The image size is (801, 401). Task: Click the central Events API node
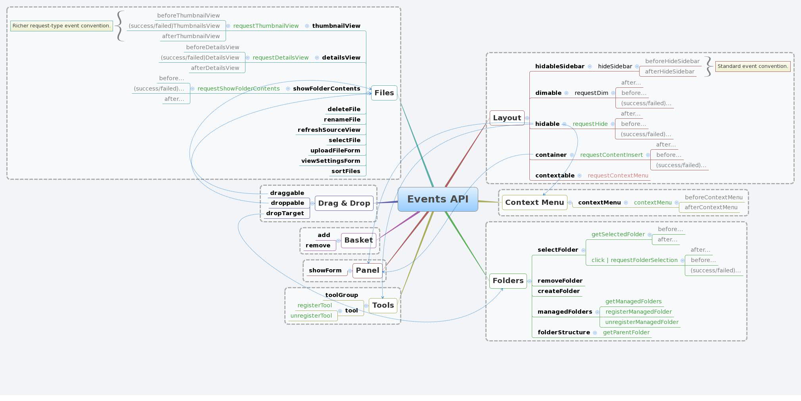438,199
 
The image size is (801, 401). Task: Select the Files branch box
384,93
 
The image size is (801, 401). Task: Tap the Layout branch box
507,118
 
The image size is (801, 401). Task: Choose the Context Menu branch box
534,202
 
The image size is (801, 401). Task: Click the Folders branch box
508,281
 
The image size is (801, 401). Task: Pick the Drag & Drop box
344,203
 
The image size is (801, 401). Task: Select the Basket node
358,240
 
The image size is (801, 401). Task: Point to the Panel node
367,270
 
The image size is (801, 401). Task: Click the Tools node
383,305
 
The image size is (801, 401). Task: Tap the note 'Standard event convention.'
753,66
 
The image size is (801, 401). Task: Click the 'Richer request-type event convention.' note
61,26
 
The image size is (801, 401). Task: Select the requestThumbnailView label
266,26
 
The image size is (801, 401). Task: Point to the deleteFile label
344,109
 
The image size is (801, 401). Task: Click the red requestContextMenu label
618,175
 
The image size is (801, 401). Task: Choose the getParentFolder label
626,332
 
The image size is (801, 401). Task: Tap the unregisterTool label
311,316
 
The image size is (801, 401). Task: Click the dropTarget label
285,213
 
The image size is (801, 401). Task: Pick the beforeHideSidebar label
672,61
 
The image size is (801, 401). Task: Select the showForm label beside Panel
325,270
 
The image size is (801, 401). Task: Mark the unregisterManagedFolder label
642,322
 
